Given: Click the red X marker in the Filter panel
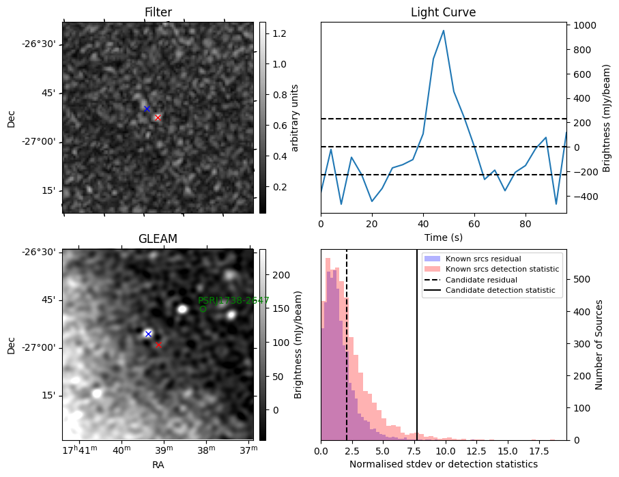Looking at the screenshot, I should click(158, 117).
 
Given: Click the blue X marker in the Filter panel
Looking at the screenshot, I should click(147, 109).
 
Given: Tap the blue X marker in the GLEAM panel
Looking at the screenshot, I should click(148, 334).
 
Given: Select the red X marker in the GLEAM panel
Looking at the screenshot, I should click(158, 345).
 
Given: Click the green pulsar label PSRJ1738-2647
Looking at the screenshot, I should click(233, 300).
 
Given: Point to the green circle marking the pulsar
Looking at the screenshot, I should click(203, 309).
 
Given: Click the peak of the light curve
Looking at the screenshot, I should click(444, 31).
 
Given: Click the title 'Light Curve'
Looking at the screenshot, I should click(443, 12).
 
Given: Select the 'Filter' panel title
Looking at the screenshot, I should click(158, 12).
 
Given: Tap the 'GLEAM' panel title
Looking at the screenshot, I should click(158, 239).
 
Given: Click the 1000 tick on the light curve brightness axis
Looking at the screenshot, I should click(587, 25).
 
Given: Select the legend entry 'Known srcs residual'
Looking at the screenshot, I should click(483, 259).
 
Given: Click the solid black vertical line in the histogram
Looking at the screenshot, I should click(417, 355).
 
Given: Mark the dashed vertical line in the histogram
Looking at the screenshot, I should click(347, 355).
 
